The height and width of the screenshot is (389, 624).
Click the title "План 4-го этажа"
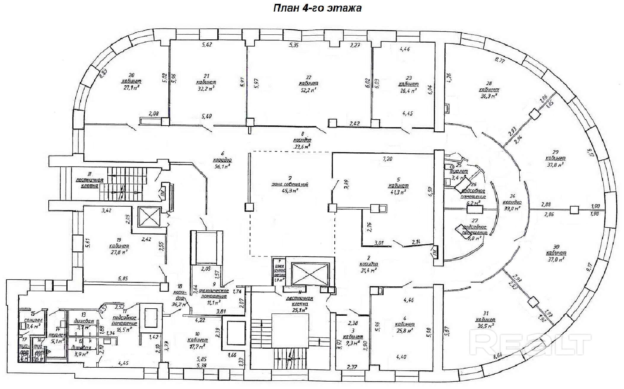tap(317, 8)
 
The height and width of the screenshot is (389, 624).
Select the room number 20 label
tap(131, 75)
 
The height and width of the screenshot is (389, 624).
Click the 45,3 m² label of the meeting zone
tap(290, 191)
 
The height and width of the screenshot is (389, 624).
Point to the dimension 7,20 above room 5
tap(387, 159)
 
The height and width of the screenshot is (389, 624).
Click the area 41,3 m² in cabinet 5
tap(398, 192)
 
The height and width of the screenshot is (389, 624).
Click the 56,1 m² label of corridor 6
tap(222, 167)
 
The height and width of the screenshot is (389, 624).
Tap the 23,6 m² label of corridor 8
tap(302, 146)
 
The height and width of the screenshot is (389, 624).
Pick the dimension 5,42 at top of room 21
tap(207, 45)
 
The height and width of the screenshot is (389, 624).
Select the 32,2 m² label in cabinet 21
tap(206, 88)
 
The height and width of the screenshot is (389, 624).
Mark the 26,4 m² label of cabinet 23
tap(408, 91)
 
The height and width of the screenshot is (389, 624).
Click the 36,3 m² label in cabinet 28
tap(489, 96)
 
